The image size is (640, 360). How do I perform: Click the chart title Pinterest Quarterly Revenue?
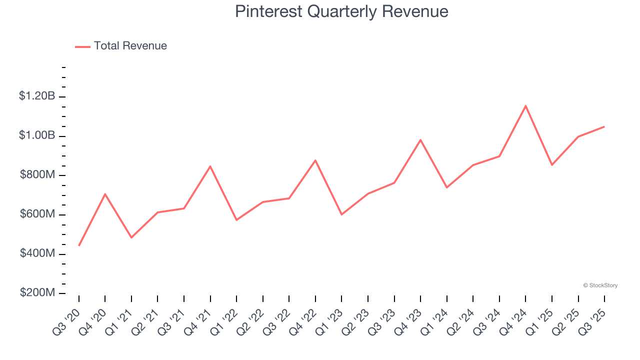click(341, 11)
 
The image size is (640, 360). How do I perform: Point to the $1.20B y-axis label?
click(37, 96)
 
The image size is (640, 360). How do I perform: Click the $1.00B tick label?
click(37, 135)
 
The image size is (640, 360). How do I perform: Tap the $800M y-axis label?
click(37, 175)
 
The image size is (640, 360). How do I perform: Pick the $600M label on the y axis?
click(37, 214)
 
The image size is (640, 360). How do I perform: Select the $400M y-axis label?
click(37, 253)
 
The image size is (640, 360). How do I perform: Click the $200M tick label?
click(37, 293)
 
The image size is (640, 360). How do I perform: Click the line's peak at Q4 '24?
click(525, 105)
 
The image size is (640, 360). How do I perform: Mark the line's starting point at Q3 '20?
click(79, 245)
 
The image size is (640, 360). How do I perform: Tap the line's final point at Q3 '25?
click(604, 126)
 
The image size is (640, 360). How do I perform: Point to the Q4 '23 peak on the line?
click(420, 139)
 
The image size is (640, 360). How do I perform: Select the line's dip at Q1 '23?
click(341, 214)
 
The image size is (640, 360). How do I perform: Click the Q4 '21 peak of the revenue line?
click(210, 166)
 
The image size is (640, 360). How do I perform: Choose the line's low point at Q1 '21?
click(131, 237)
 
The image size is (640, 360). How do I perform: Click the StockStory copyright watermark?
click(600, 285)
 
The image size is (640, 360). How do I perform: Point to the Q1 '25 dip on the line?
click(552, 165)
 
